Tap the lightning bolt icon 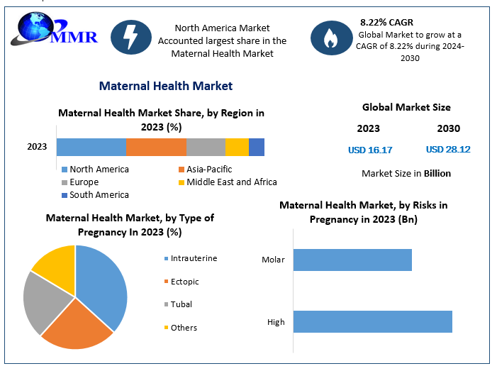click(x=131, y=38)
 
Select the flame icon click(x=331, y=38)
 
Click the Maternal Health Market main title click(x=166, y=86)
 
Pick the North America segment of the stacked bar click(x=91, y=147)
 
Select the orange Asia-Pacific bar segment click(x=156, y=147)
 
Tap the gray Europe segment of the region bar click(x=206, y=147)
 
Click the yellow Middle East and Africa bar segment click(x=237, y=147)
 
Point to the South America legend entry click(x=99, y=195)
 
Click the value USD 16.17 click(x=370, y=150)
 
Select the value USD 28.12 click(x=448, y=150)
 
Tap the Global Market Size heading click(x=406, y=108)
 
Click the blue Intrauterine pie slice click(x=103, y=284)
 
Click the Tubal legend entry click(x=181, y=304)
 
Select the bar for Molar click(x=352, y=260)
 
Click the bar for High click(x=372, y=321)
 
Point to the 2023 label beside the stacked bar click(x=37, y=147)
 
